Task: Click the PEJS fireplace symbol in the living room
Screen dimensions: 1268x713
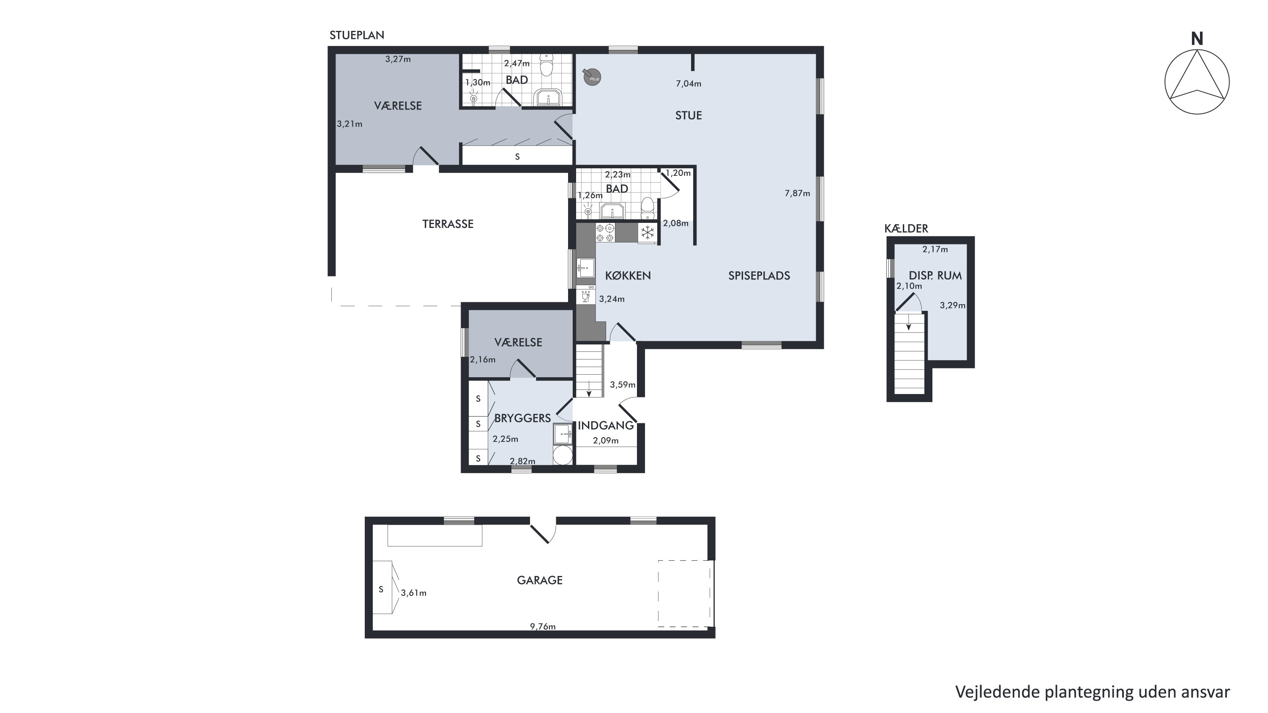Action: pos(592,77)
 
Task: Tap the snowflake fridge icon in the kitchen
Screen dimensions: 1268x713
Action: pos(647,233)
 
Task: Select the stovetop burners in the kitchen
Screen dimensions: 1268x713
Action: pos(605,233)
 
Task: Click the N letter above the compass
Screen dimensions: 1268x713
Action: pos(1197,39)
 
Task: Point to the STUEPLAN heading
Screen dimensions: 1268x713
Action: pos(357,36)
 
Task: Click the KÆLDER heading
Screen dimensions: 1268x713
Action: pos(906,228)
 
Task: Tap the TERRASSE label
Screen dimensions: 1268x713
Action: pos(448,224)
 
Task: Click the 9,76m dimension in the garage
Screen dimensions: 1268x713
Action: pos(543,626)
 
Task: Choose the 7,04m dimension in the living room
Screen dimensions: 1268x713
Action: pos(689,84)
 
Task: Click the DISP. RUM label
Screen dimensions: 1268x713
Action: pos(935,276)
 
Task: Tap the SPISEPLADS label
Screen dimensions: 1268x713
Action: pos(759,276)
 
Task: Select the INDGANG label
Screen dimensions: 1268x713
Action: pos(605,425)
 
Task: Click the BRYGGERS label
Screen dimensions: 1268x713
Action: pos(522,418)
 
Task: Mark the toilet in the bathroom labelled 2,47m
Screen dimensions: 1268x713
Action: pos(547,66)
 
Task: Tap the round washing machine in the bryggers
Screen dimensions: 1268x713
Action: pos(563,455)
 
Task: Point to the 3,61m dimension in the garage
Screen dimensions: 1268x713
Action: pos(413,593)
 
